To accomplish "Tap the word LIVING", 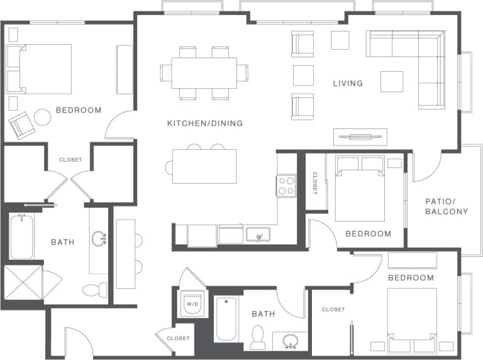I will click(x=348, y=83).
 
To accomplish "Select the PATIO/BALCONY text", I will click(x=446, y=206).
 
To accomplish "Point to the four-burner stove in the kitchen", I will click(x=286, y=186).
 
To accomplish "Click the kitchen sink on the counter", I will click(x=258, y=235).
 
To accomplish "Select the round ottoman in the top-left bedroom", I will click(x=42, y=117).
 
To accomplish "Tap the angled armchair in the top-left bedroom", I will click(x=22, y=125).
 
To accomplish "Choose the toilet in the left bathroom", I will click(x=94, y=290).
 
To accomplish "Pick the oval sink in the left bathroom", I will click(x=99, y=239).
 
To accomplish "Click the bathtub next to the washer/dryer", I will click(x=225, y=319).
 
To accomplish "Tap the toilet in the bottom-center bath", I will click(x=258, y=337).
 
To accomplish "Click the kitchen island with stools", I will click(x=204, y=166).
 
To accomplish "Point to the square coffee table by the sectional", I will click(x=391, y=82).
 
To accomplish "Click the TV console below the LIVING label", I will click(x=360, y=136).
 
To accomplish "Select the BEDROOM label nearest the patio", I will click(x=368, y=233).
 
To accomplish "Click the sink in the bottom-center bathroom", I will click(x=291, y=341).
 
